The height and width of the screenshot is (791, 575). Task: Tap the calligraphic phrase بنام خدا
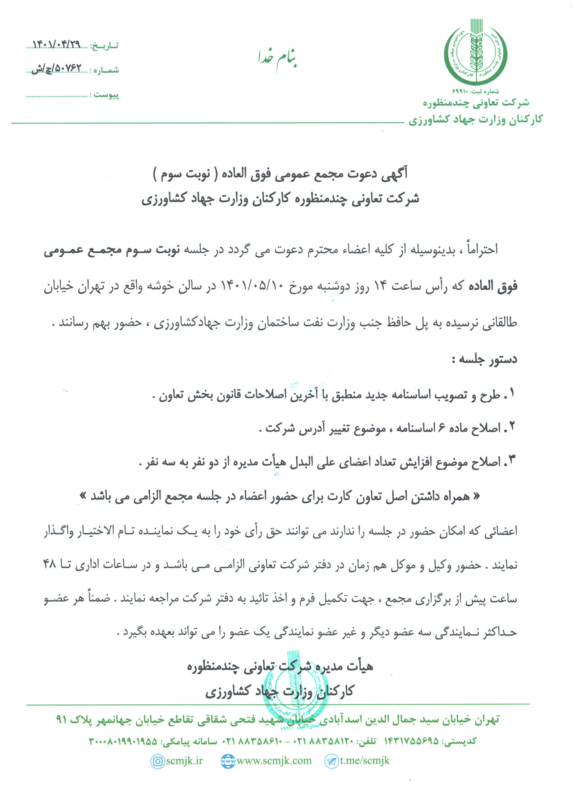click(x=277, y=59)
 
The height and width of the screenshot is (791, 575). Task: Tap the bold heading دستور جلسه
click(x=484, y=359)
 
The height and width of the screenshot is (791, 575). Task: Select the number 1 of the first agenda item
click(x=512, y=394)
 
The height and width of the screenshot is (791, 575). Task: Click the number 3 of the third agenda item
click(x=512, y=461)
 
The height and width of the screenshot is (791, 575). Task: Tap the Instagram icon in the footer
click(x=157, y=761)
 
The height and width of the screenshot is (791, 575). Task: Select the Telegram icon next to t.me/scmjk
click(x=331, y=761)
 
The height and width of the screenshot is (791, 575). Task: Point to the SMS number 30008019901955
click(x=123, y=741)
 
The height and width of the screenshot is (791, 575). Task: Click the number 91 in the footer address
click(x=62, y=719)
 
